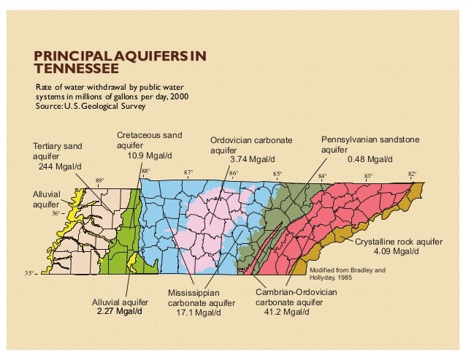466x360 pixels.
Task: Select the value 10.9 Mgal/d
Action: (x=150, y=155)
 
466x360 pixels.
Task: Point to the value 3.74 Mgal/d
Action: (x=252, y=159)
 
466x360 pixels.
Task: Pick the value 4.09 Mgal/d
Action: (x=396, y=251)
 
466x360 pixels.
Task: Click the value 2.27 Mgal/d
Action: (x=119, y=312)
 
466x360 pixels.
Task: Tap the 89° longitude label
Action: (x=99, y=180)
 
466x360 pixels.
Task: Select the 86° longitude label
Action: (x=234, y=174)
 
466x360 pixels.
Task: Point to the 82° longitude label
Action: (x=412, y=175)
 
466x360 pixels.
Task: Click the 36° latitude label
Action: (x=56, y=213)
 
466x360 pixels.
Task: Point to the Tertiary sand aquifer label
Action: (x=58, y=151)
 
